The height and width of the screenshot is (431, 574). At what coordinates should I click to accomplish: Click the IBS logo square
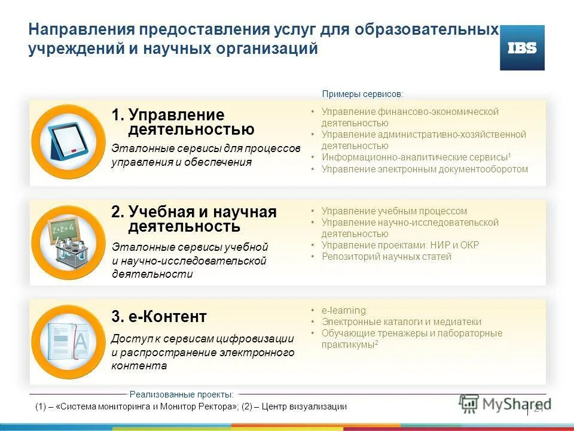(x=522, y=48)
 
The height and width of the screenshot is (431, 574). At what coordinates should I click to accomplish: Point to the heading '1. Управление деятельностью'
(x=183, y=122)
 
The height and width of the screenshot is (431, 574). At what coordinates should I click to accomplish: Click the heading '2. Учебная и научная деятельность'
(x=194, y=219)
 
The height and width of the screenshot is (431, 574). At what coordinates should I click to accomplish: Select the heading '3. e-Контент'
(x=159, y=317)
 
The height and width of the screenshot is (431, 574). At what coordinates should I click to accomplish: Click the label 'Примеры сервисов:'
(x=362, y=94)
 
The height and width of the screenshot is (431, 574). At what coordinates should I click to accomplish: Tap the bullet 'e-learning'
(x=343, y=310)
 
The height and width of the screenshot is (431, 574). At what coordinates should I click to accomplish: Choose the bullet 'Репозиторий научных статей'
(x=386, y=256)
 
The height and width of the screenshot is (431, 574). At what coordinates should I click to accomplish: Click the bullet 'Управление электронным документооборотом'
(x=425, y=169)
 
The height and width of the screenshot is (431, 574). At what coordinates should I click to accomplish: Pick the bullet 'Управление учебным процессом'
(x=394, y=211)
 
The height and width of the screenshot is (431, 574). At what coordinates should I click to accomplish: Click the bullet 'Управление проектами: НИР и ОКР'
(x=400, y=245)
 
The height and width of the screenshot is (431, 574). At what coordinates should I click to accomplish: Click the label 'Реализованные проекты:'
(x=181, y=394)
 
